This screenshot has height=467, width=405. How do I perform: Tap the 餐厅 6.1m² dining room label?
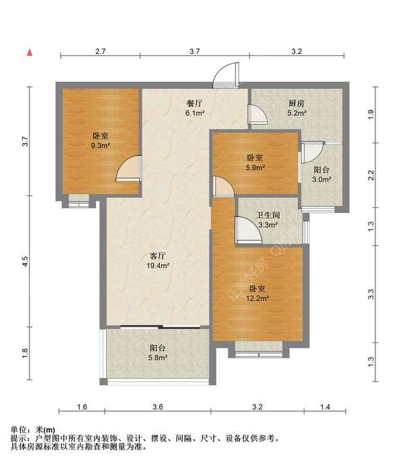(x=195, y=108)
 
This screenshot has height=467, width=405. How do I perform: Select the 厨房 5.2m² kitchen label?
(x=296, y=108)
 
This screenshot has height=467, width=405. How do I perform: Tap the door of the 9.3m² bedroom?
(x=128, y=170)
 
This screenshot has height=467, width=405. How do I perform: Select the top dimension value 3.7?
(x=194, y=51)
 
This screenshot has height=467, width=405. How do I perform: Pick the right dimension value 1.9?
(x=370, y=114)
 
